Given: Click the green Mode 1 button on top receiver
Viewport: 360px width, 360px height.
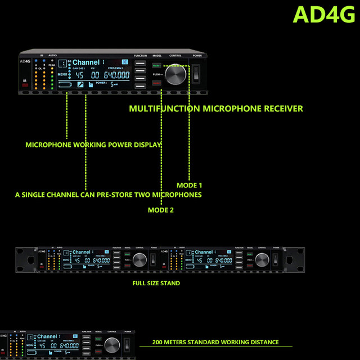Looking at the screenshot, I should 156,66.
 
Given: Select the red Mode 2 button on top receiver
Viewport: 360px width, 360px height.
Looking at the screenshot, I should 156,83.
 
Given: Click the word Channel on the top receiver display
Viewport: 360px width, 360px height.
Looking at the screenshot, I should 86,62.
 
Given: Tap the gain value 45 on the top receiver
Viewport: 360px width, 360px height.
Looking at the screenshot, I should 79,75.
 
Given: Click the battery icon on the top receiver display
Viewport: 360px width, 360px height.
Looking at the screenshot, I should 65,85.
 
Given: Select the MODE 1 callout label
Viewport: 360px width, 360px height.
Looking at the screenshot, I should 189,185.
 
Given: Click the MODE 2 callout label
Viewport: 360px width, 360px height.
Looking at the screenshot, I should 160,210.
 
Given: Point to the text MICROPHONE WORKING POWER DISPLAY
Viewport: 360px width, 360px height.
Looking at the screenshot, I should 93,145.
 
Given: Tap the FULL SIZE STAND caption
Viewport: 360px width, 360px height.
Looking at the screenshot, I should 156,283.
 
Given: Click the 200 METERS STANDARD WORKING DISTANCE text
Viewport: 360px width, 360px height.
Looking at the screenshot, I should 215,342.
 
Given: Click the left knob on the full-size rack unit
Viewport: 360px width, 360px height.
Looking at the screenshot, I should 140,259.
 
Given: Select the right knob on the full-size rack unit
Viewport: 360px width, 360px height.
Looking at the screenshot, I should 262,259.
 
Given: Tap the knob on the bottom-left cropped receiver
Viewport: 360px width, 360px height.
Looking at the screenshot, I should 111,345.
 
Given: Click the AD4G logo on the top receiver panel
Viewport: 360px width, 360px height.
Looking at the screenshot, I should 24,62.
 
